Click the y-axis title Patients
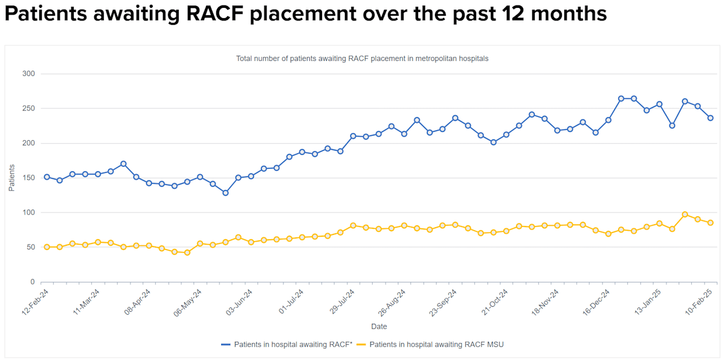pos(11,178)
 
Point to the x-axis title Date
pos(379,327)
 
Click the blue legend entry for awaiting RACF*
pos(287,344)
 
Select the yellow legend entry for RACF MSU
pos(431,344)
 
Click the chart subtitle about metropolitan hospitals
pos(362,59)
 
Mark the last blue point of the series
pos(710,118)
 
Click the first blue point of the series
pos(47,177)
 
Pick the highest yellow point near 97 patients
pos(685,214)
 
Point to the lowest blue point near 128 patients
pos(225,193)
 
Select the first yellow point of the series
pos(47,247)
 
